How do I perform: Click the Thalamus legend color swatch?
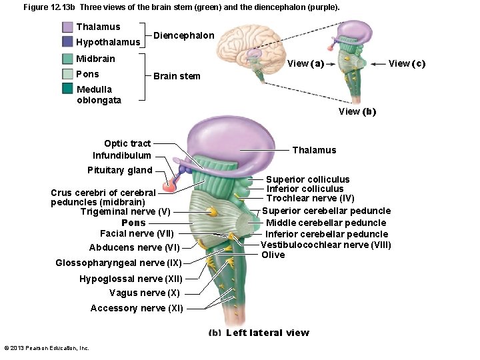pyautogui.click(x=67, y=27)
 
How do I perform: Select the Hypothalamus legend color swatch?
pyautogui.click(x=67, y=42)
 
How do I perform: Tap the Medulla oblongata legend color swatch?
pyautogui.click(x=67, y=89)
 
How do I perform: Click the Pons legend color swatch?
pyautogui.click(x=67, y=74)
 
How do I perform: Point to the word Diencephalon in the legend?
pyautogui.click(x=184, y=35)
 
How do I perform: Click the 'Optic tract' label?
pyautogui.click(x=127, y=143)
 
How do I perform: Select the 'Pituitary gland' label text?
pyautogui.click(x=120, y=170)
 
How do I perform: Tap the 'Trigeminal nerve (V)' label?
pyautogui.click(x=125, y=212)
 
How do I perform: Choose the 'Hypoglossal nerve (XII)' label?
pyautogui.click(x=131, y=279)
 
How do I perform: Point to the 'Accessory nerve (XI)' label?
pyautogui.click(x=137, y=308)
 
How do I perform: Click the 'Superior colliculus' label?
pyautogui.click(x=307, y=179)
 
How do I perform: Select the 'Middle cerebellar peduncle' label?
pyautogui.click(x=326, y=223)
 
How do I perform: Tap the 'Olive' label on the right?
pyautogui.click(x=273, y=255)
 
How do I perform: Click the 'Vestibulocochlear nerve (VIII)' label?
pyautogui.click(x=325, y=245)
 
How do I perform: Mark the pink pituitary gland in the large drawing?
pyautogui.click(x=170, y=184)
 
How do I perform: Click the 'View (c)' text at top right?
pyautogui.click(x=407, y=63)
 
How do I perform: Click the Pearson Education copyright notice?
pyautogui.click(x=47, y=348)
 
